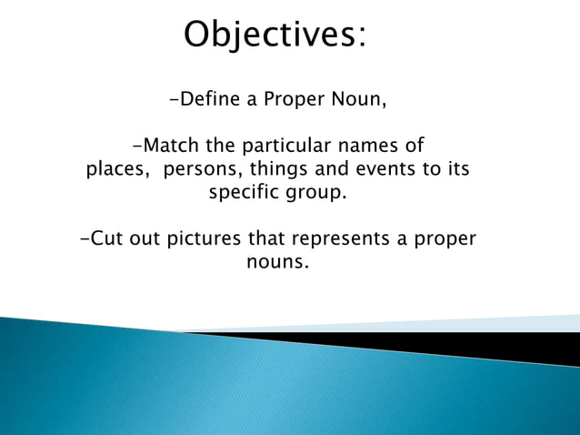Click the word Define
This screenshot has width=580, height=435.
tap(208, 99)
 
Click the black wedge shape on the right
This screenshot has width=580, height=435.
tap(509, 346)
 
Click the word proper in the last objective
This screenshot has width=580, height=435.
tap(445, 240)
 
